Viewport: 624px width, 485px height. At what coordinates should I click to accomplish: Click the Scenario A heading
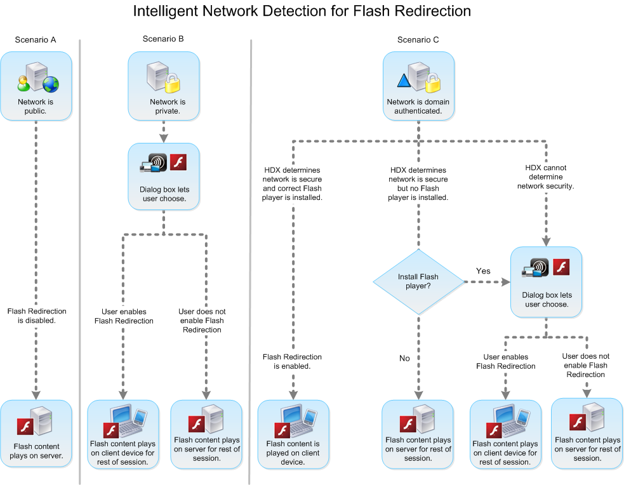pyautogui.click(x=36, y=40)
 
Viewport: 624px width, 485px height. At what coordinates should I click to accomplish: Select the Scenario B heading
pyautogui.click(x=163, y=39)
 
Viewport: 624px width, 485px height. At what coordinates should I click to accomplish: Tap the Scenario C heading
pyautogui.click(x=418, y=40)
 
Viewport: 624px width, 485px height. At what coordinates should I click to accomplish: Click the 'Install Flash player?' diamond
pyautogui.click(x=418, y=281)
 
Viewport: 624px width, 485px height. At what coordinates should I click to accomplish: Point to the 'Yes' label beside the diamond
pyautogui.click(x=483, y=271)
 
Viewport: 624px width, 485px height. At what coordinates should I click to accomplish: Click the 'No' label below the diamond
pyautogui.click(x=404, y=359)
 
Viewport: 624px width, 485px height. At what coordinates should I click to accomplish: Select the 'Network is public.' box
pyautogui.click(x=36, y=86)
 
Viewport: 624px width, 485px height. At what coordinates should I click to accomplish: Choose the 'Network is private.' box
pyautogui.click(x=164, y=86)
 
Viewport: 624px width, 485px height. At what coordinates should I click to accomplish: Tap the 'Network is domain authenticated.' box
pyautogui.click(x=418, y=86)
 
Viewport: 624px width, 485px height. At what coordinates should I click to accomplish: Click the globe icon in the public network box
pyautogui.click(x=50, y=84)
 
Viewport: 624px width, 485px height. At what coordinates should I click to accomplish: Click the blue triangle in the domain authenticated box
pyautogui.click(x=404, y=81)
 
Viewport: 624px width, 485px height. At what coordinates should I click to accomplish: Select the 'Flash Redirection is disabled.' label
pyautogui.click(x=36, y=316)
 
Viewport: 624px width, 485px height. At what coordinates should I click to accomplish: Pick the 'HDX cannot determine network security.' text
pyautogui.click(x=545, y=178)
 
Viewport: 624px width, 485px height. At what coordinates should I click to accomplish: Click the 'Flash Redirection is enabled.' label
pyautogui.click(x=292, y=361)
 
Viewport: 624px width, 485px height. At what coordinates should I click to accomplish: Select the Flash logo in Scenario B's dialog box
pyautogui.click(x=178, y=161)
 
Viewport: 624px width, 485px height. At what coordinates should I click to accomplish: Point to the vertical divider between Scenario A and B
pyautogui.click(x=80, y=260)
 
